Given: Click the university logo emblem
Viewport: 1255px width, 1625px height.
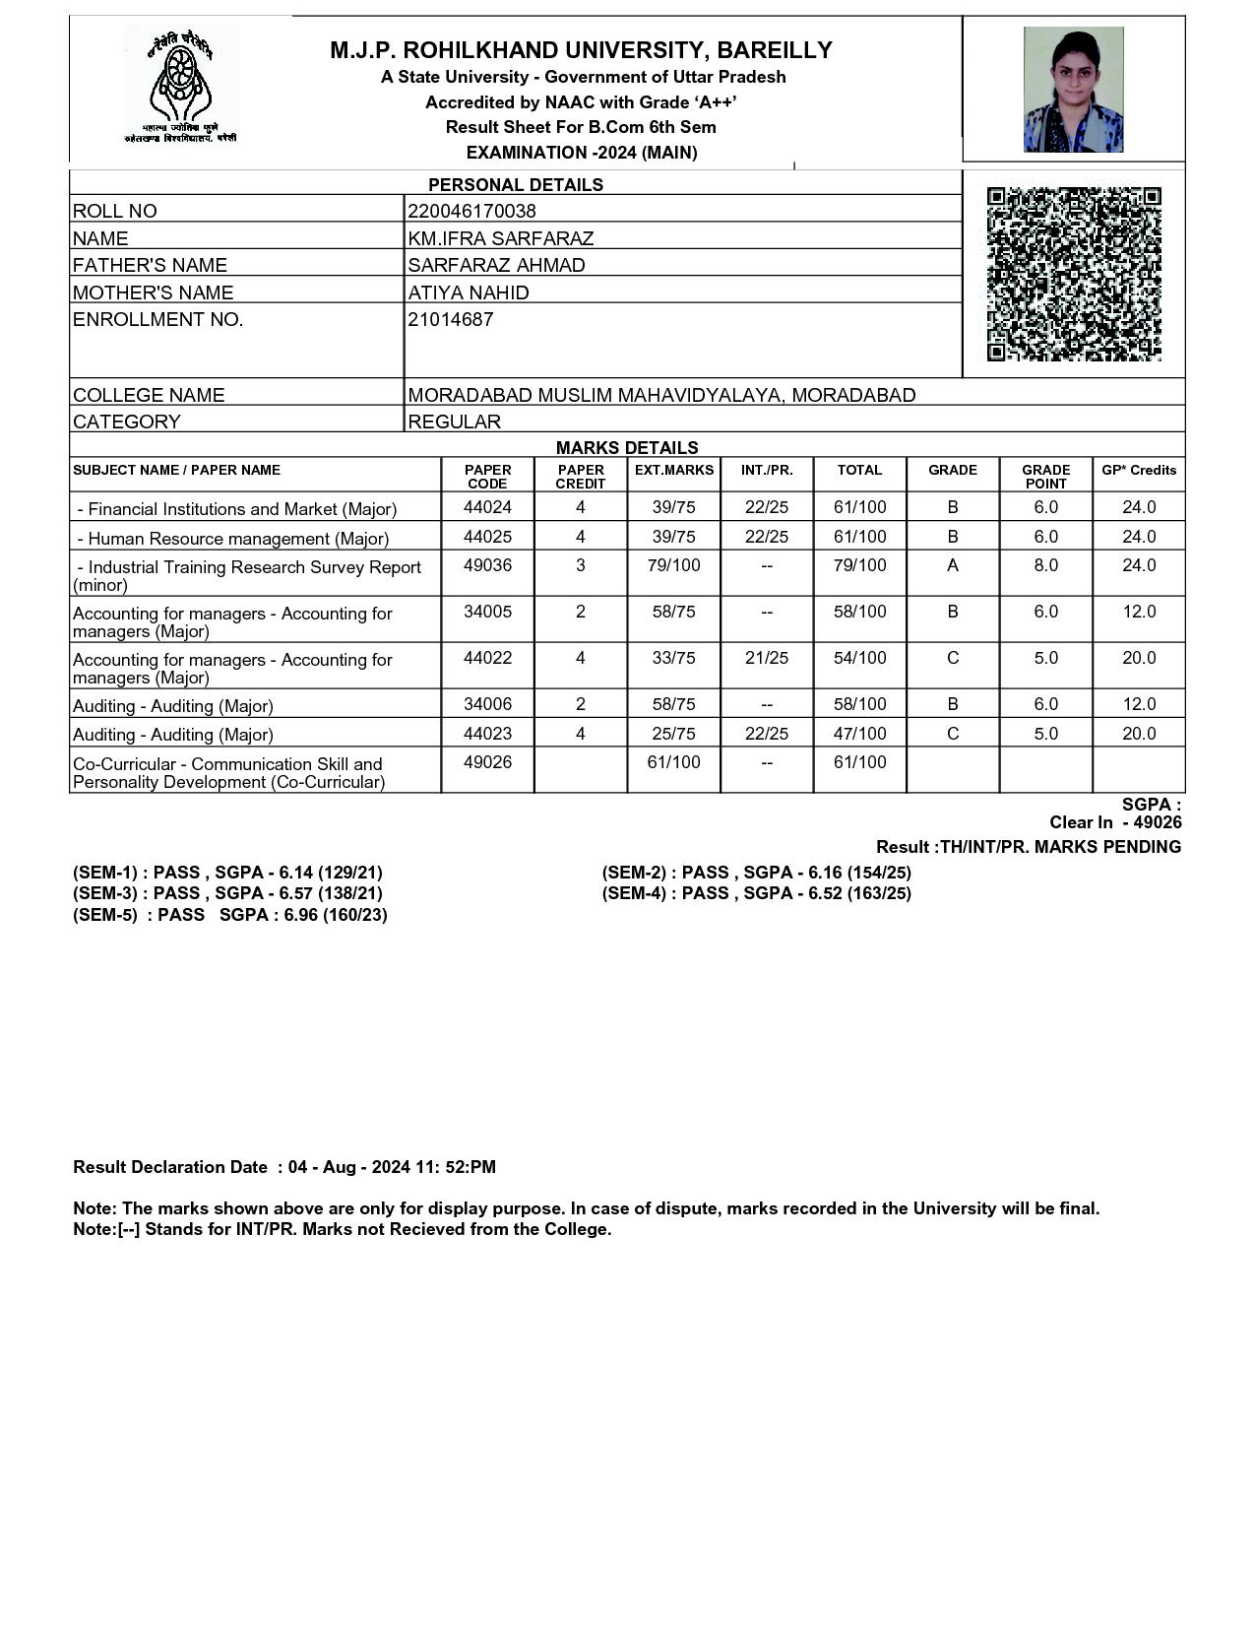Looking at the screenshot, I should tap(180, 87).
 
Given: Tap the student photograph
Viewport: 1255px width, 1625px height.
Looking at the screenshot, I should tap(1073, 90).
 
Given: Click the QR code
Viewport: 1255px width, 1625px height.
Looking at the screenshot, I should tap(1074, 274).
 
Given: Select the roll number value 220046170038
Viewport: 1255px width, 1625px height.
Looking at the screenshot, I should tap(471, 211).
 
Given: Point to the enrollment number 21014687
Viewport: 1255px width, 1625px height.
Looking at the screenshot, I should tap(451, 319).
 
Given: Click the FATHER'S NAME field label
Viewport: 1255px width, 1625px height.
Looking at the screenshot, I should tap(150, 265).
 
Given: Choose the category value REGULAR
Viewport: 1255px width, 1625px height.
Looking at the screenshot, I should tap(454, 422).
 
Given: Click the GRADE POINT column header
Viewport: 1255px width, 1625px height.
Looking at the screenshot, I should tap(1045, 477).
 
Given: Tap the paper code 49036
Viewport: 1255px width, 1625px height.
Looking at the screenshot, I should tap(487, 565).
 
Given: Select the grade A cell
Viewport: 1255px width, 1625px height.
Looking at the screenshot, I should tap(952, 565).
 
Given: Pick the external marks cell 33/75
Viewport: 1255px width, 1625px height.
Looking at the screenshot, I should tap(673, 658).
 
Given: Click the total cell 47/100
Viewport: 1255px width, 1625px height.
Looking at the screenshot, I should tap(859, 734).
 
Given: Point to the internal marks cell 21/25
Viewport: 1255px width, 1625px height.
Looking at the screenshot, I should tap(766, 658).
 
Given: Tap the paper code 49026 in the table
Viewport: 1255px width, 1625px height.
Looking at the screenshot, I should tap(487, 762).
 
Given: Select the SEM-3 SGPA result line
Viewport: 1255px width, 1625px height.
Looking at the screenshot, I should tap(227, 893).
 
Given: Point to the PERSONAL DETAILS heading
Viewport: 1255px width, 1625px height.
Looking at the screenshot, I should tap(515, 184).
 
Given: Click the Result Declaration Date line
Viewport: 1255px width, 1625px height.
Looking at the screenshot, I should tap(284, 1167).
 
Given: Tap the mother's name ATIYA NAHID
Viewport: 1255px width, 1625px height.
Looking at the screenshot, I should tap(469, 292).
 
